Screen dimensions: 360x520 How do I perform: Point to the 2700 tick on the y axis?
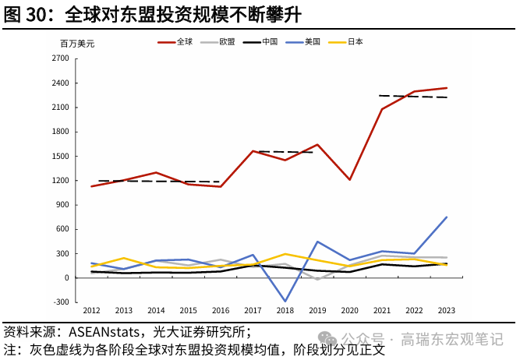[x=59, y=58]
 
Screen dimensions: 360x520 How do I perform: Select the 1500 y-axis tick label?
[x=59, y=156]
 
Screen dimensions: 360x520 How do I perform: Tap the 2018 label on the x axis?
[x=285, y=311]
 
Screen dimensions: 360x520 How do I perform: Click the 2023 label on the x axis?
[x=447, y=311]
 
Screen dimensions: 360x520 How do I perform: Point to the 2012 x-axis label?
[x=92, y=311]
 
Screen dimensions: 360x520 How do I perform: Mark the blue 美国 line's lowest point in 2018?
[x=285, y=302]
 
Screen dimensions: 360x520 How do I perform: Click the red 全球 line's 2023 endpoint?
[x=447, y=88]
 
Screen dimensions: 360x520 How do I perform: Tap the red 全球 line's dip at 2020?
[x=350, y=180]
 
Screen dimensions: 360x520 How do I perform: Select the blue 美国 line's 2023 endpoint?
[x=447, y=217]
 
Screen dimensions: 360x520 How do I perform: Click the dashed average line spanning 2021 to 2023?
[x=413, y=97]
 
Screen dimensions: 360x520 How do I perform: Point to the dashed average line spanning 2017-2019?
[x=285, y=152]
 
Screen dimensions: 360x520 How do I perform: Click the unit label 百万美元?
[x=77, y=44]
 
